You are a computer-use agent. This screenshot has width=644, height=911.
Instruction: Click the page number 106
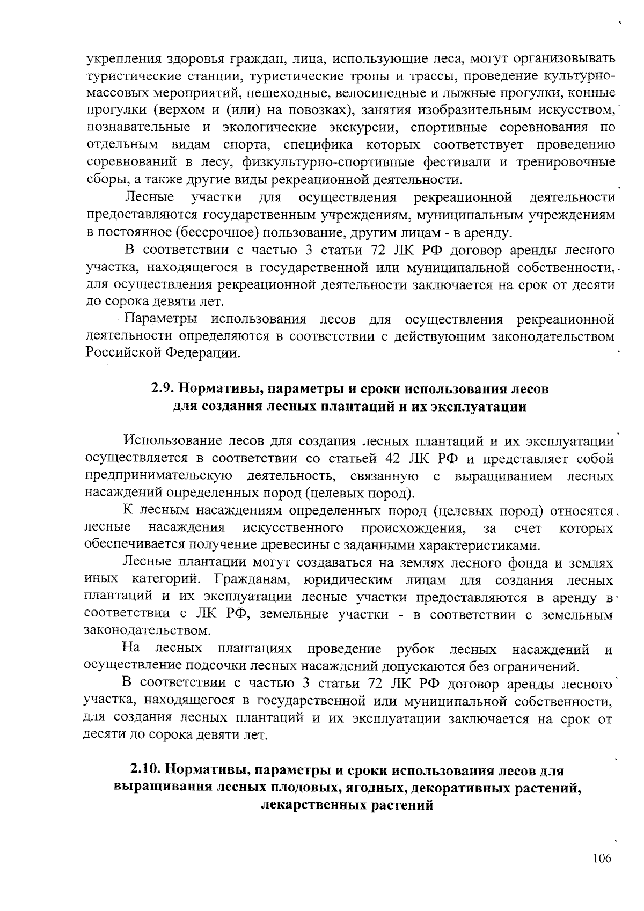602,858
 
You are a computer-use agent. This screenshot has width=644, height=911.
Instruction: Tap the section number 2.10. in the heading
145,770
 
